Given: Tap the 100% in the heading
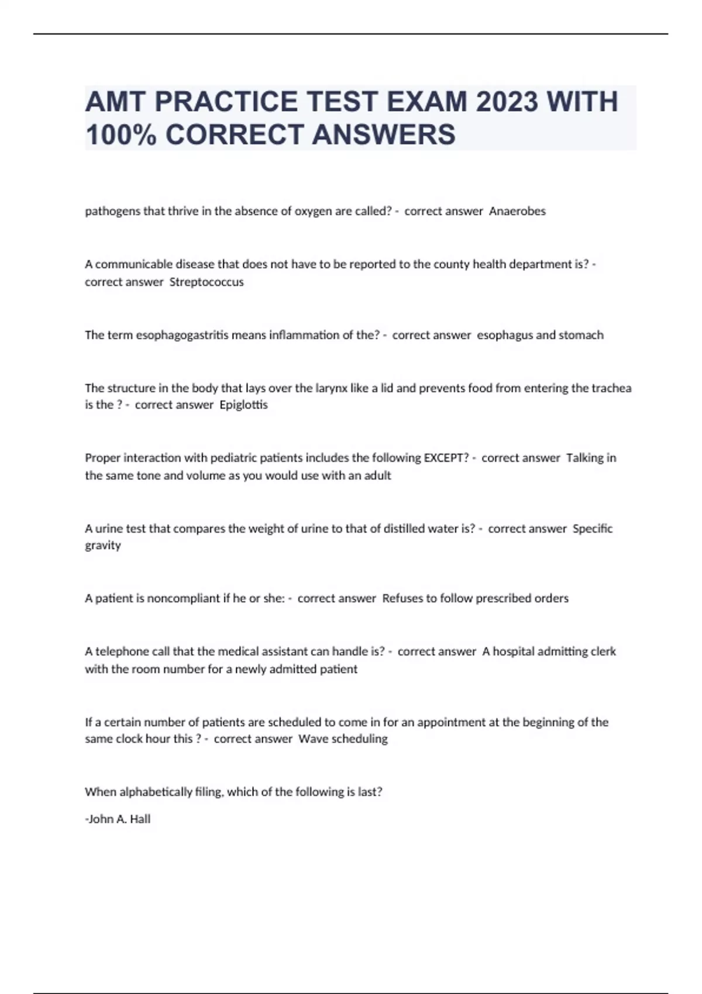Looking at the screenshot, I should pos(121,134).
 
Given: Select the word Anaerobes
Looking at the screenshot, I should pos(517,211).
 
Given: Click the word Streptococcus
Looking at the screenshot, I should pos(207,282).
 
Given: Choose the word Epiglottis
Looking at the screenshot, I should pos(243,405).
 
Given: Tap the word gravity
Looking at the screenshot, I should pos(103,546).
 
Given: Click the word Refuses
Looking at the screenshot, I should pos(402,598).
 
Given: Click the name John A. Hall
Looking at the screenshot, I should pos(119,819).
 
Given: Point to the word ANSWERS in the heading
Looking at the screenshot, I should pos(384,134).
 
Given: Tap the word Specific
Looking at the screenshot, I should pos(593,529).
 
